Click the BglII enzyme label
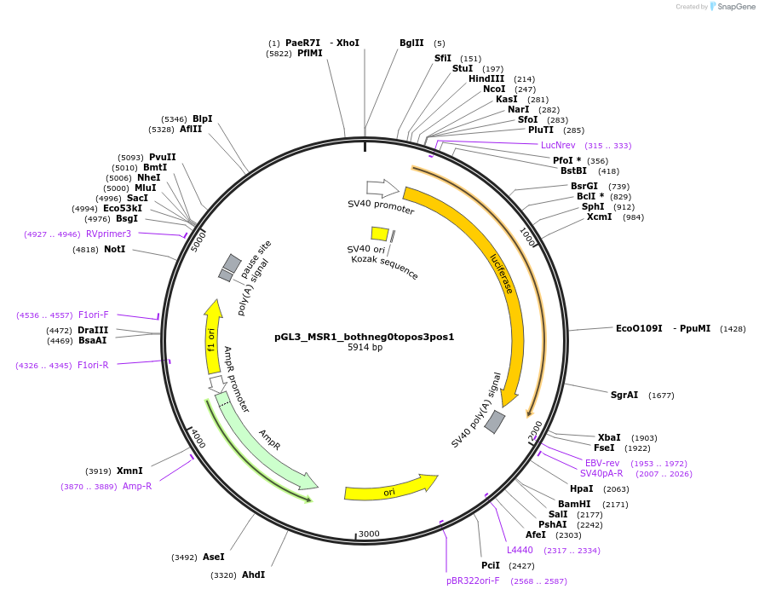pyautogui.click(x=411, y=43)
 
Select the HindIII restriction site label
pyautogui.click(x=486, y=78)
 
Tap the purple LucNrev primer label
pyautogui.click(x=558, y=145)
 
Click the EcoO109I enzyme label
pyautogui.click(x=639, y=328)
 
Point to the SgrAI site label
pyautogui.click(x=624, y=395)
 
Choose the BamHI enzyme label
pyautogui.click(x=574, y=504)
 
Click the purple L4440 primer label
pyautogui.click(x=520, y=550)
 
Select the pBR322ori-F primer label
pyautogui.click(x=474, y=581)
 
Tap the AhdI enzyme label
pyautogui.click(x=254, y=575)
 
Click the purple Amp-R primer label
pyautogui.click(x=137, y=486)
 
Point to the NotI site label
pyautogui.click(x=114, y=249)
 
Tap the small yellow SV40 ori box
pyautogui.click(x=380, y=234)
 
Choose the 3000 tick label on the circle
pyautogui.click(x=369, y=534)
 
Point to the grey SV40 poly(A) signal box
pyautogui.click(x=495, y=421)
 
